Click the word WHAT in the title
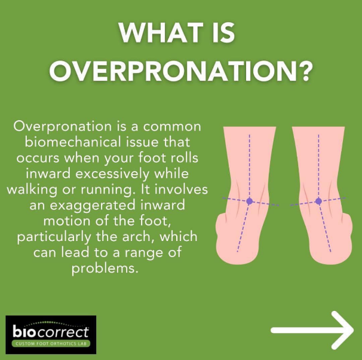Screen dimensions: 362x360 [161, 32]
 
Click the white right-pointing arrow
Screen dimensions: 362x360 [312, 330]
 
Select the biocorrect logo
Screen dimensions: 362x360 [51, 334]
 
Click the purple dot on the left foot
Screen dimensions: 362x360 [249, 201]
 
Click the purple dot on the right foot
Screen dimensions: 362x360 [318, 201]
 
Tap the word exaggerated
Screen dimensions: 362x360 [93, 206]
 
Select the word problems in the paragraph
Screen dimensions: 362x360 [105, 269]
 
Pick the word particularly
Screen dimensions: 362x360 [53, 237]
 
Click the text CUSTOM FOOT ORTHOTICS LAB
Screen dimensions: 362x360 [51, 344]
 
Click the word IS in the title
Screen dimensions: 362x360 [223, 32]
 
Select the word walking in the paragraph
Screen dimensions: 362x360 [32, 190]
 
